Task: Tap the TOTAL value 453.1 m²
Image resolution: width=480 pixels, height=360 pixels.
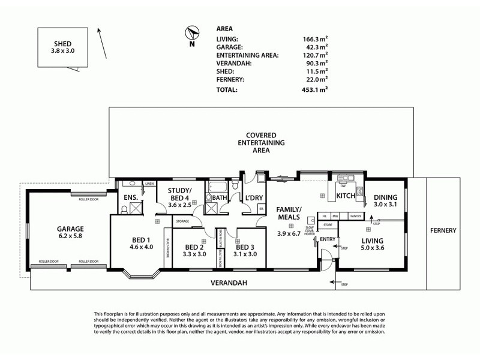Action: (315, 90)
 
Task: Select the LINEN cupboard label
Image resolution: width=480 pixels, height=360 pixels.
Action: (149, 184)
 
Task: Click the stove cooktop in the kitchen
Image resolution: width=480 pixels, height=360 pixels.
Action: (360, 192)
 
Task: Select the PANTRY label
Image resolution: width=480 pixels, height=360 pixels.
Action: (356, 215)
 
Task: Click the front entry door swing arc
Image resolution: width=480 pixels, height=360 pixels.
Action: (326, 263)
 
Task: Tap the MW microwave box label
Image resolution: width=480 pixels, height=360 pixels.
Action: (337, 215)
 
